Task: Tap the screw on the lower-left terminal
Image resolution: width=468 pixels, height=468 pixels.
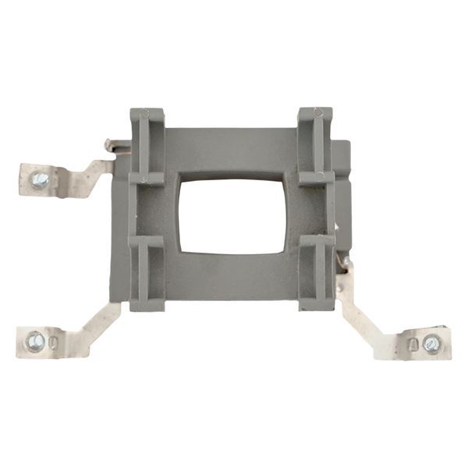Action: [35, 341]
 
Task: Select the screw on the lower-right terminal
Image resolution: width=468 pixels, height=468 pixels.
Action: [431, 342]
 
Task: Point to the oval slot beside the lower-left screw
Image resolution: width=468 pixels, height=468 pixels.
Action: [52, 342]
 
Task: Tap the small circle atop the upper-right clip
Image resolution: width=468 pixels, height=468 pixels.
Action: [318, 113]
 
